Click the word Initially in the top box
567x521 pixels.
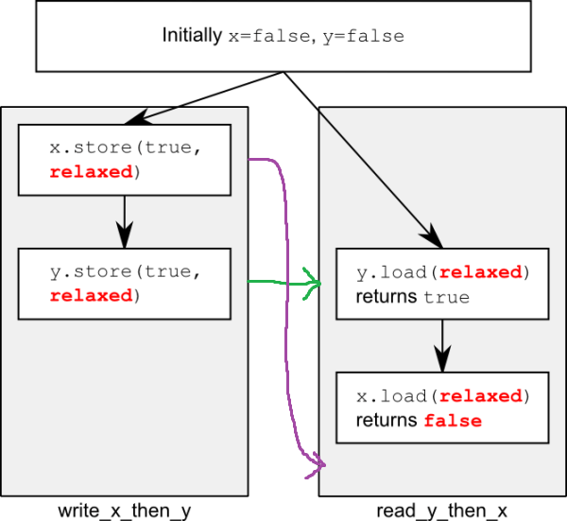pyautogui.click(x=192, y=36)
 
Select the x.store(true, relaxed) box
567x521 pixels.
pyautogui.click(x=125, y=160)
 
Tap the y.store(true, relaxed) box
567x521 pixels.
pyautogui.click(x=125, y=284)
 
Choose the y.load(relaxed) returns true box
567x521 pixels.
pyautogui.click(x=442, y=284)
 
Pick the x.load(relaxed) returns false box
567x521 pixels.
pyautogui.click(x=442, y=408)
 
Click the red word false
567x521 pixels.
pyautogui.click(x=453, y=421)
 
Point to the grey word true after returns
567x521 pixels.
pyautogui.click(x=447, y=298)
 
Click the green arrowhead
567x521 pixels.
pyautogui.click(x=313, y=284)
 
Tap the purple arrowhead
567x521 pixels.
pyautogui.click(x=316, y=465)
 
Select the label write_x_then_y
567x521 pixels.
pyautogui.click(x=125, y=511)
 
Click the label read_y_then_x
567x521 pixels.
pyautogui.click(x=442, y=511)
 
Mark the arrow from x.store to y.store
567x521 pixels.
pyautogui.click(x=125, y=222)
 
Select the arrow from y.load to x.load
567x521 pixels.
pyautogui.click(x=442, y=346)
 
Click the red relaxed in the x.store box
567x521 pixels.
pyautogui.click(x=91, y=172)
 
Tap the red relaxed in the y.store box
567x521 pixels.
pyautogui.click(x=91, y=296)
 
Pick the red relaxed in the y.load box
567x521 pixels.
pyautogui.click(x=481, y=272)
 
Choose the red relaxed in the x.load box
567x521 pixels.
pyautogui.click(x=481, y=396)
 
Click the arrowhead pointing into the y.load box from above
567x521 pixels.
pyautogui.click(x=433, y=236)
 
